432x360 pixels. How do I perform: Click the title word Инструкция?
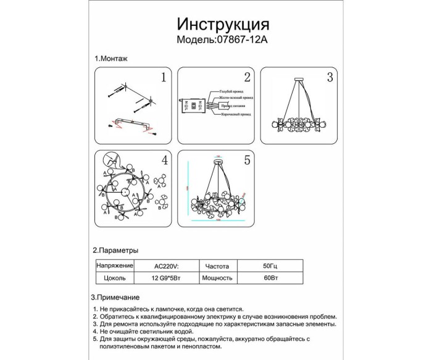(223, 24)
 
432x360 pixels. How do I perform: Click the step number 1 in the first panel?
(164, 78)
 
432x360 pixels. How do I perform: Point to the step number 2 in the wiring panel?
(247, 78)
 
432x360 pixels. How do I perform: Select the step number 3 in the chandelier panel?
(330, 78)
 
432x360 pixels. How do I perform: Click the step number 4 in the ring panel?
(164, 161)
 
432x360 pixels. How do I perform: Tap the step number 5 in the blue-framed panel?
(247, 161)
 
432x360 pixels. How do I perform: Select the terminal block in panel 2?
(193, 104)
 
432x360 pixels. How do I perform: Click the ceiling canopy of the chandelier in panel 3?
(298, 78)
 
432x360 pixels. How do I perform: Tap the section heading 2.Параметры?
(115, 251)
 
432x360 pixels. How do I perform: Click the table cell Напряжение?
(115, 266)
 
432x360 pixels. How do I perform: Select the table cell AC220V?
(165, 266)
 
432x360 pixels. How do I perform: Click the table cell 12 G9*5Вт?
(165, 278)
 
